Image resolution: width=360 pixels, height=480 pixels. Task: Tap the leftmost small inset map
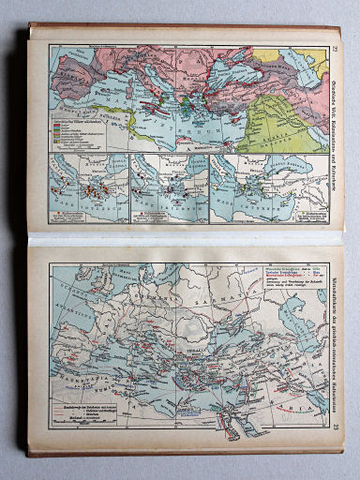[86, 187]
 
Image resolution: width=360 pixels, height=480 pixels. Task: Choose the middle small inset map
[168, 187]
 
